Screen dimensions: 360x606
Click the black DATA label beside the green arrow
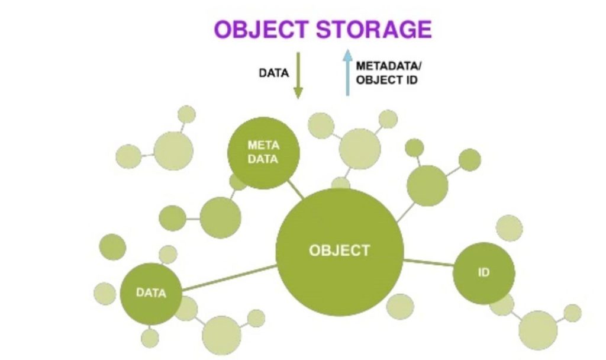point(274,74)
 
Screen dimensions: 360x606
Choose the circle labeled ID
point(483,274)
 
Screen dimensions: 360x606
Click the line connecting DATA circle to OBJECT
point(230,278)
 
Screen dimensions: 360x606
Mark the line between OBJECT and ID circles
point(428,261)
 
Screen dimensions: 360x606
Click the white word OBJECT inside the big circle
point(339,250)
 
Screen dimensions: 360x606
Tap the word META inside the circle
point(263,145)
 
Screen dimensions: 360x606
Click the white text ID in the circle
point(483,274)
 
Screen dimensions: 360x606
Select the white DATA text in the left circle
point(151,292)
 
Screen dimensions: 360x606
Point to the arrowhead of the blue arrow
point(347,56)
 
